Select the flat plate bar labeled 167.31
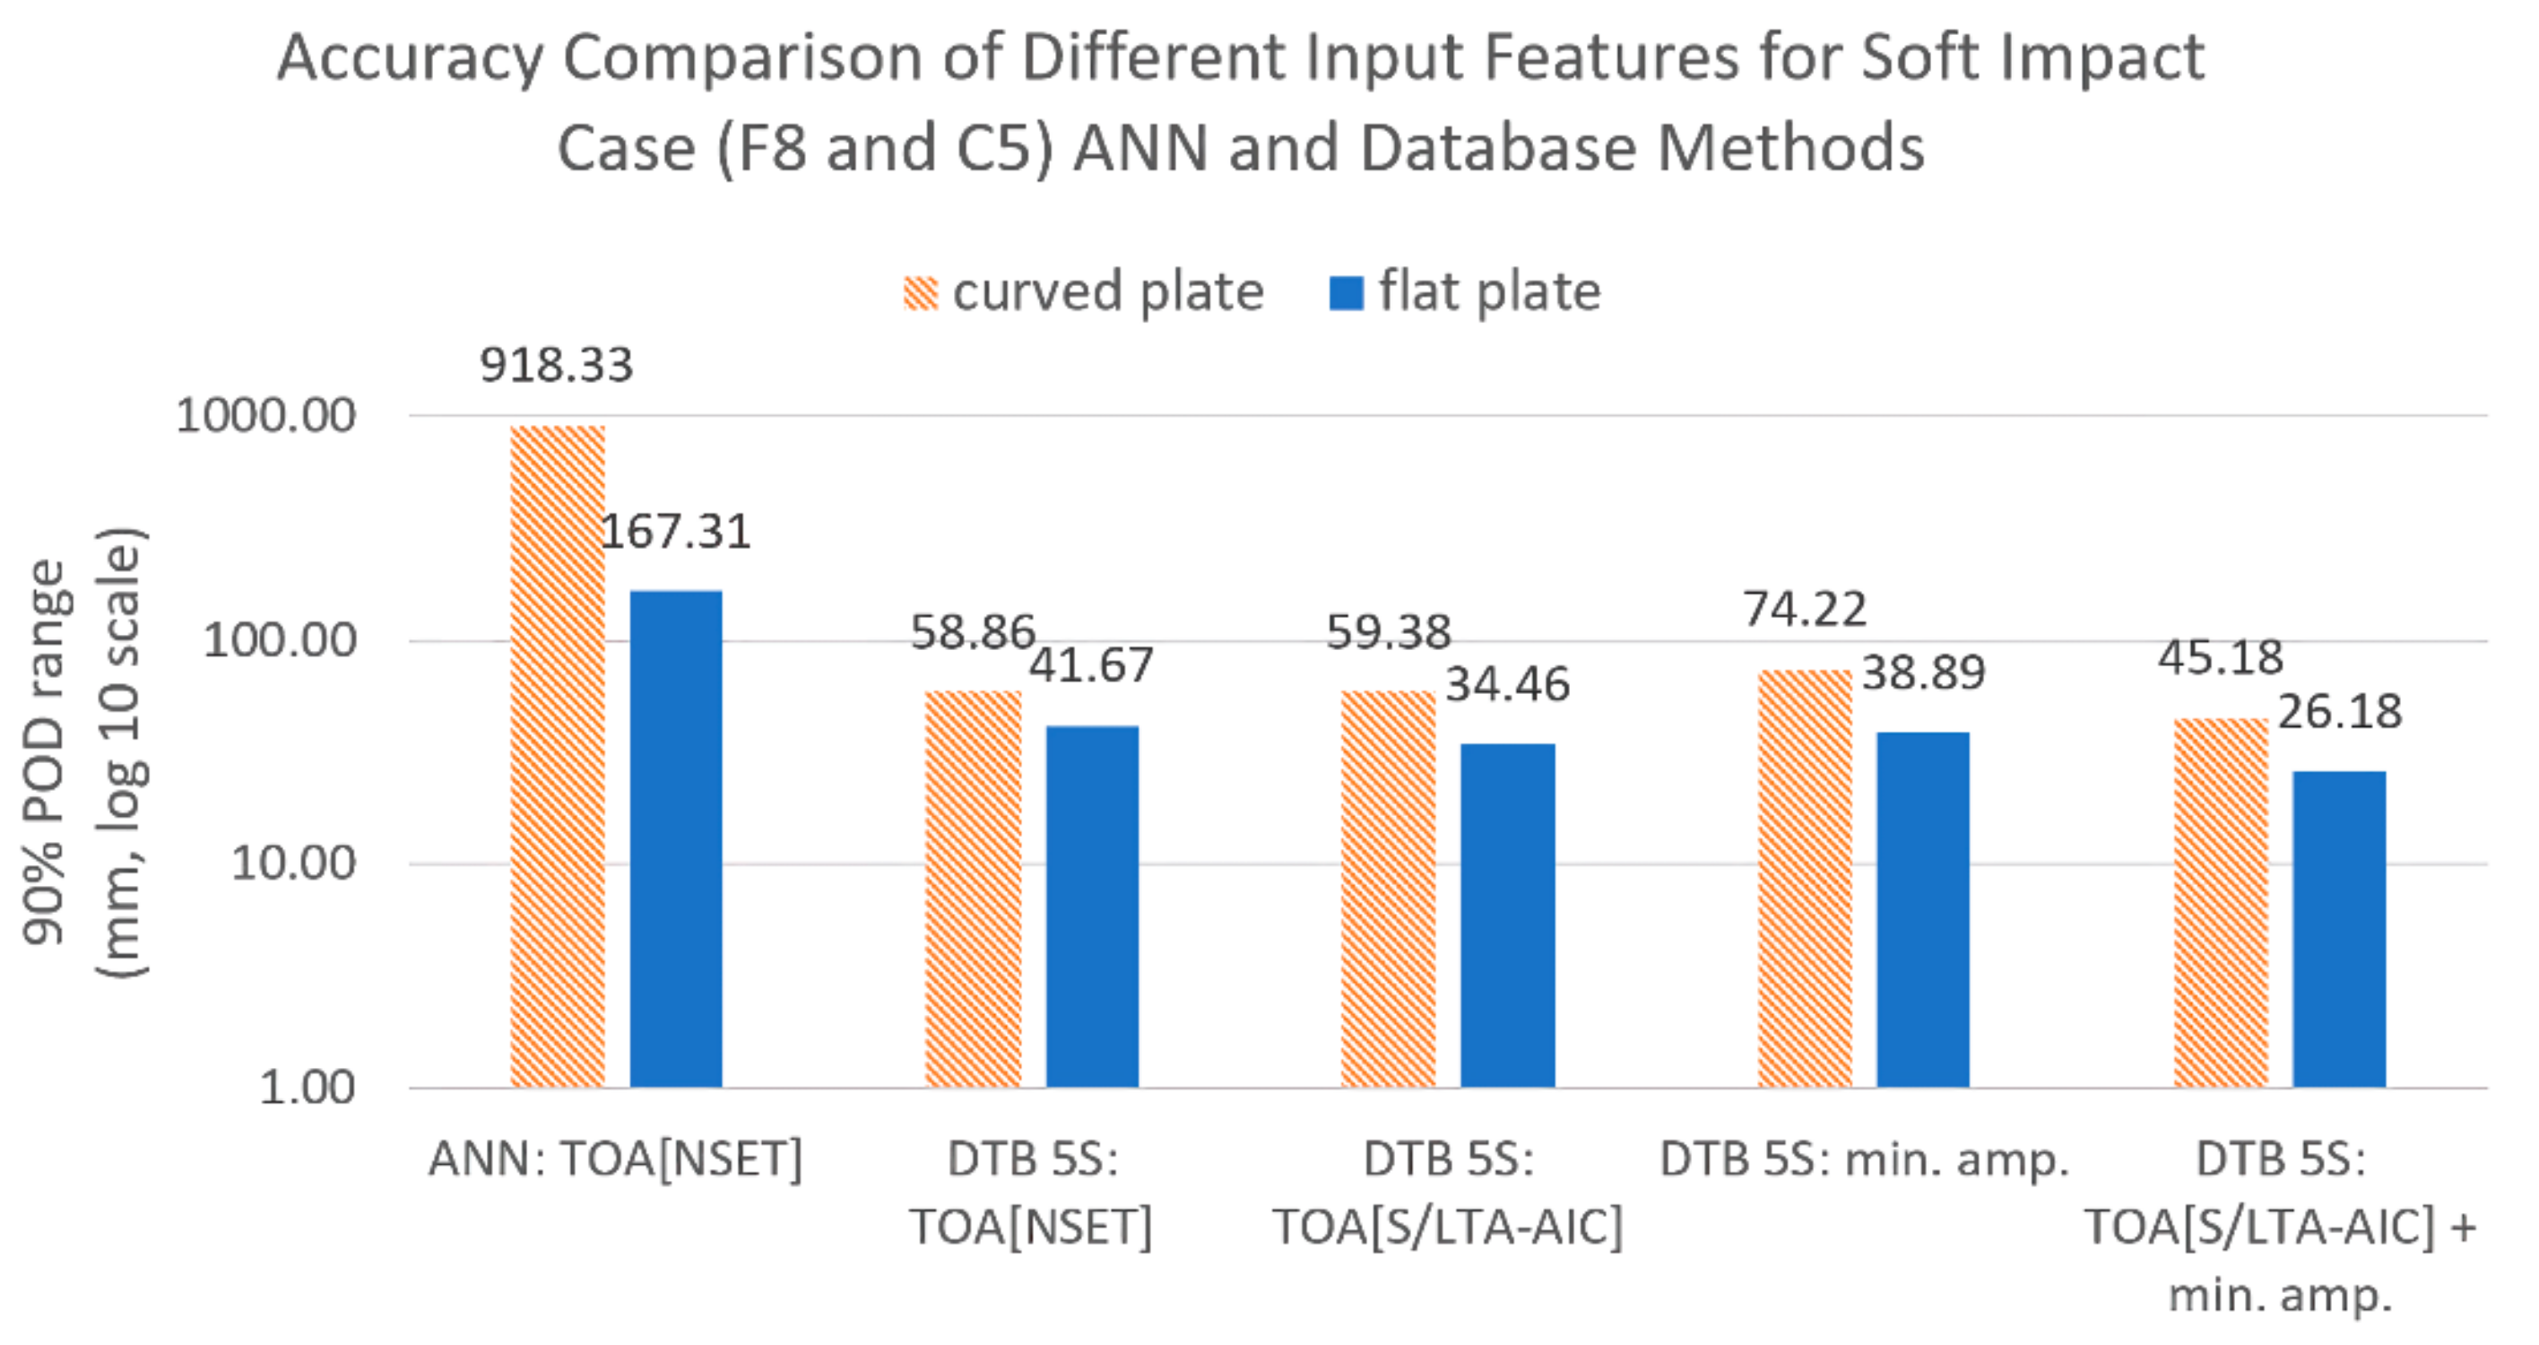tap(675, 838)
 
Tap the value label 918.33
tap(556, 366)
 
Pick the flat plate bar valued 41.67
tap(1091, 907)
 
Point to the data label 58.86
tap(972, 632)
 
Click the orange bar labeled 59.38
tap(1388, 889)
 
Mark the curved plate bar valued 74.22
tap(1805, 878)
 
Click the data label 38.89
tap(1923, 673)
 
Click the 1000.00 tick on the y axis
tap(265, 415)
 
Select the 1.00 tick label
tap(307, 1088)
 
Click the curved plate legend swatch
tap(920, 293)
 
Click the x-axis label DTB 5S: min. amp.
tap(1864, 1159)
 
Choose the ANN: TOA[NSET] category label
tap(615, 1159)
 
